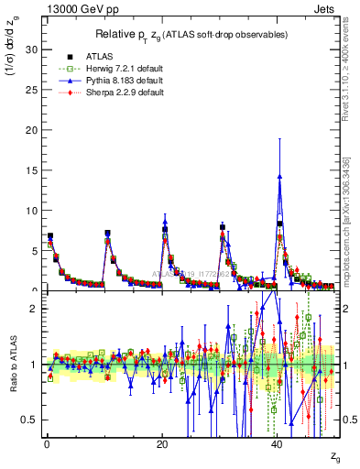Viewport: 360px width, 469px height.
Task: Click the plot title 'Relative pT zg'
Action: (x=191, y=34)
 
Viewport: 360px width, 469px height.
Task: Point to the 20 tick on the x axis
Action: (x=162, y=444)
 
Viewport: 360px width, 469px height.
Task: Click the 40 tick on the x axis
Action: (x=278, y=444)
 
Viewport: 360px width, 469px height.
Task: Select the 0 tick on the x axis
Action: (x=47, y=444)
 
